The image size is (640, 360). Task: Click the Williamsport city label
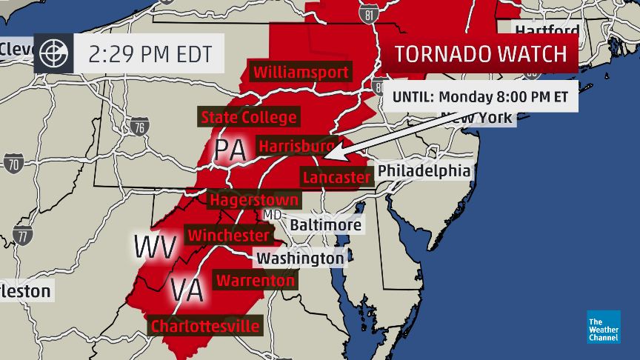(x=301, y=73)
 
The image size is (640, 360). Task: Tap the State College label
(x=249, y=117)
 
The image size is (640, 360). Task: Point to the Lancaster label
(x=336, y=177)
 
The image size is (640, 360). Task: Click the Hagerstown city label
(x=254, y=200)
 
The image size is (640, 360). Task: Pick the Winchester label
(x=228, y=235)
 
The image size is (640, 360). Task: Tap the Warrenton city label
(x=255, y=281)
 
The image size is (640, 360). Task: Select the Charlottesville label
(x=205, y=326)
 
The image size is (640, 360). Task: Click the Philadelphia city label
(x=424, y=171)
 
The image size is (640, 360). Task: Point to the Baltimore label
(x=325, y=224)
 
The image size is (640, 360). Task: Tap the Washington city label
(x=299, y=259)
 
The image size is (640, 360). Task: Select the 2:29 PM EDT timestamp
(x=150, y=54)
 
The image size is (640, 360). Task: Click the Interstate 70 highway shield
(x=13, y=163)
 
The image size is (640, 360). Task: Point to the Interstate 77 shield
(x=24, y=236)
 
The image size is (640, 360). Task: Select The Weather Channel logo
(x=604, y=327)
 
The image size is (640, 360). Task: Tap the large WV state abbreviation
(x=155, y=245)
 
